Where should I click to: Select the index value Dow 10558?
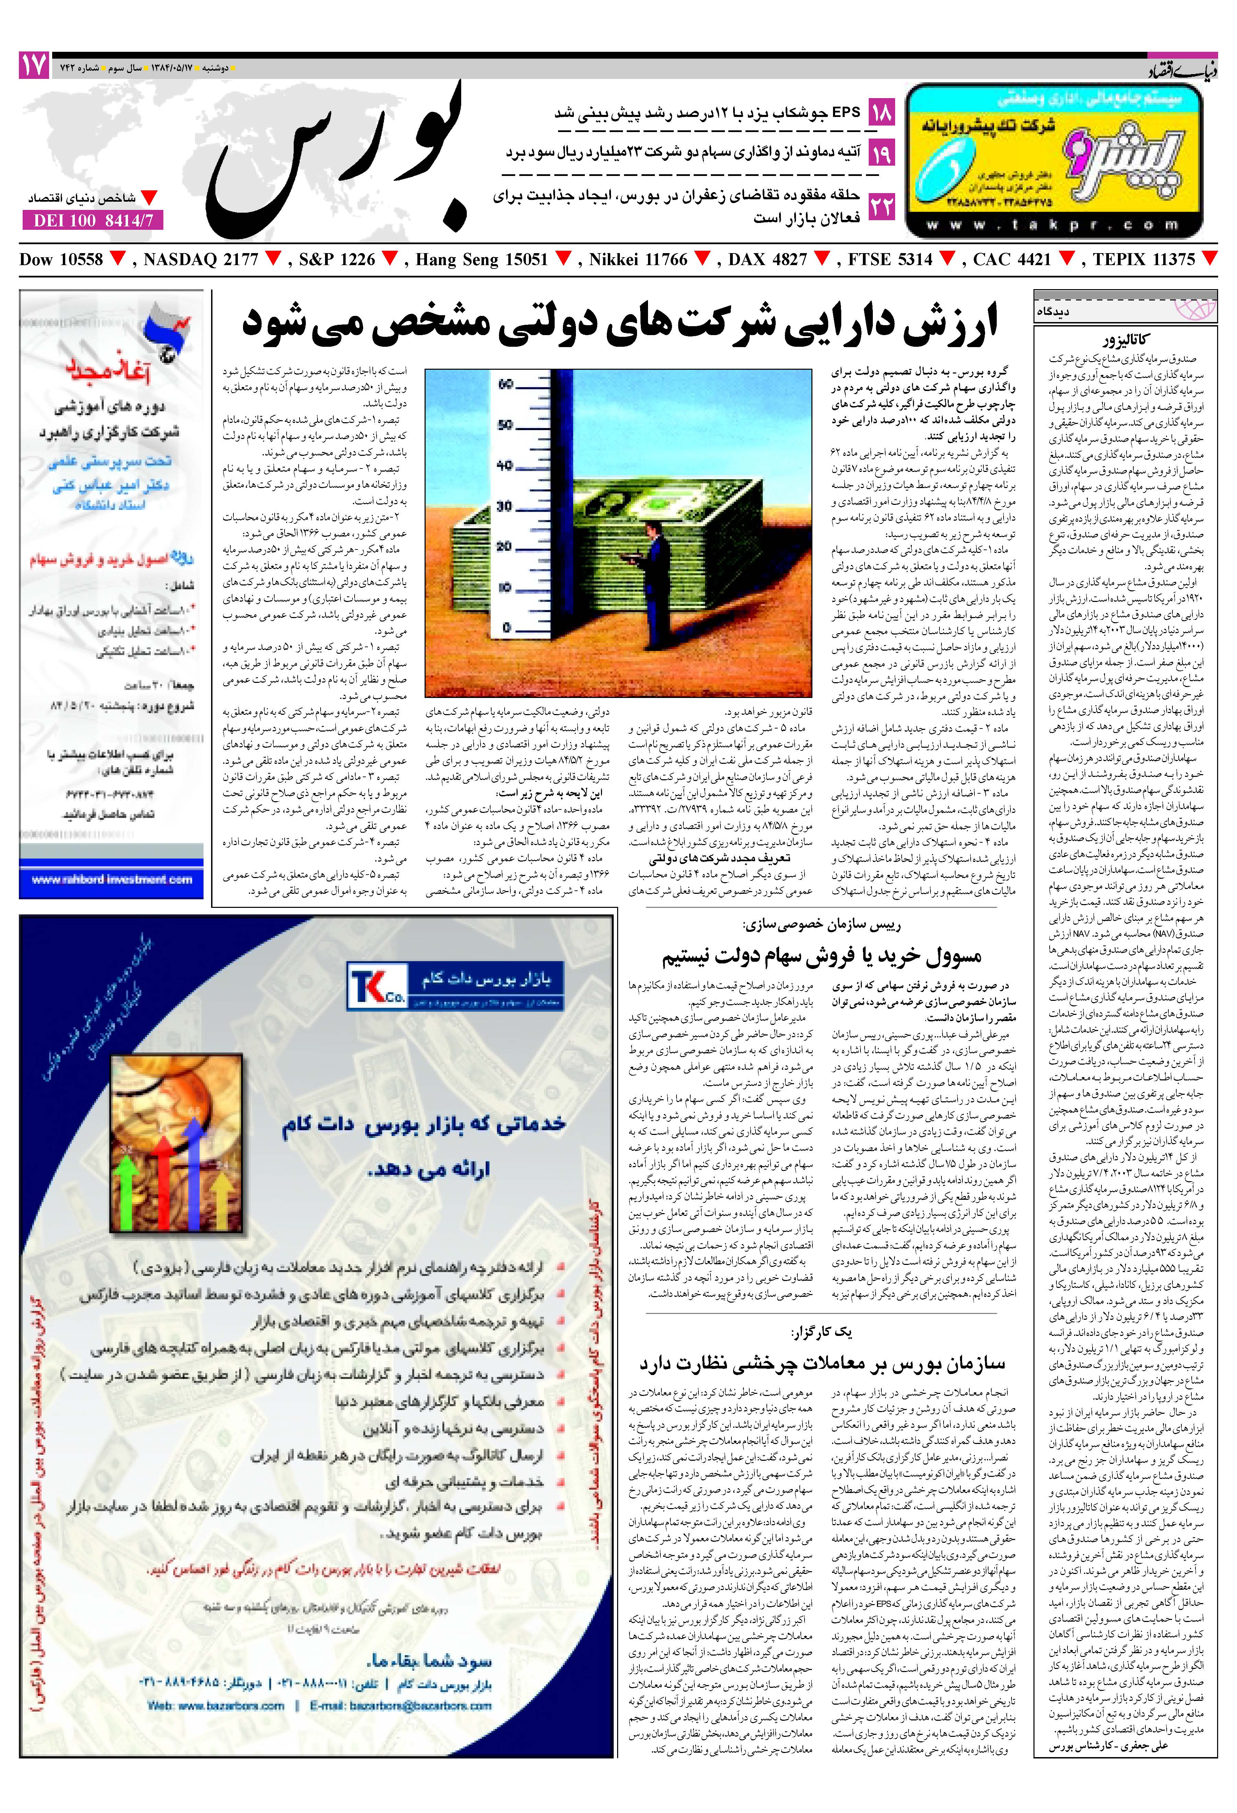[x=62, y=260]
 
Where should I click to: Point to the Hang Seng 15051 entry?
[x=482, y=260]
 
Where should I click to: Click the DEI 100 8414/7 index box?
[x=94, y=221]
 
